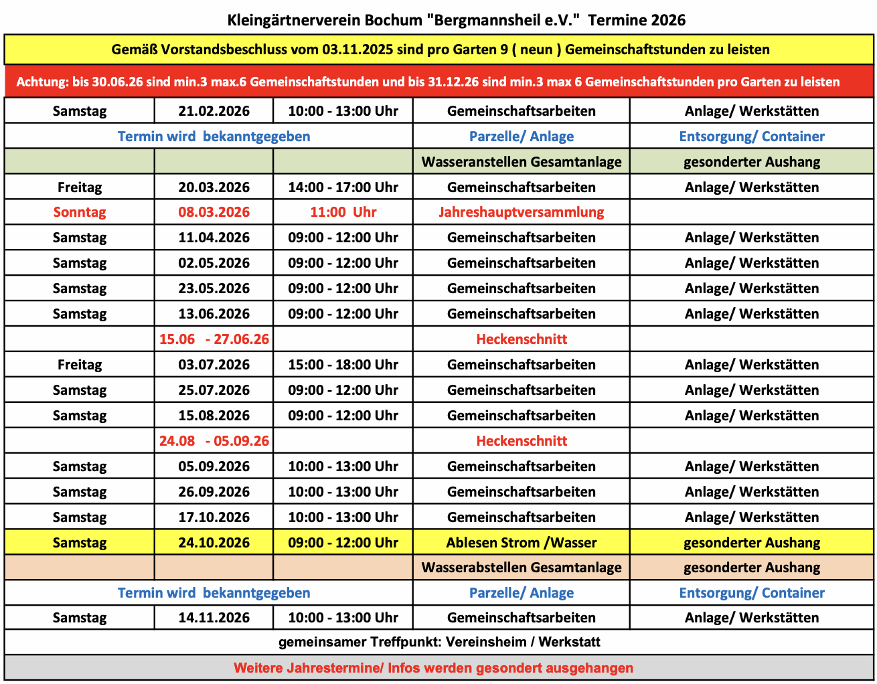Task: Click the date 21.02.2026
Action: click(214, 111)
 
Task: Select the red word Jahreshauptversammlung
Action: click(521, 212)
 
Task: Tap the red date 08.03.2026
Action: click(214, 212)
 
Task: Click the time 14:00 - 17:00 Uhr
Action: click(343, 187)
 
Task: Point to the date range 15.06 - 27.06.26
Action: click(214, 339)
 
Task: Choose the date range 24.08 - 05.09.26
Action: click(214, 441)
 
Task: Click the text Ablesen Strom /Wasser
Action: click(521, 543)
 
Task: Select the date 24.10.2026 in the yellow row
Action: click(214, 543)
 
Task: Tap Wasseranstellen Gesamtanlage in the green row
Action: click(521, 162)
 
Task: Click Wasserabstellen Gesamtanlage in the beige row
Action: click(521, 568)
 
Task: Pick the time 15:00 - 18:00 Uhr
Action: click(343, 365)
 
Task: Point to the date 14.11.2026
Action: click(214, 618)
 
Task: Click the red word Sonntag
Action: click(80, 212)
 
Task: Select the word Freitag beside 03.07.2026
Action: click(80, 365)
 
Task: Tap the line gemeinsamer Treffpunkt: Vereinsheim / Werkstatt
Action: click(439, 643)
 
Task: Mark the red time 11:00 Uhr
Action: click(343, 212)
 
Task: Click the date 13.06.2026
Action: click(214, 314)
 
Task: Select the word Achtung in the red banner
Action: click(42, 82)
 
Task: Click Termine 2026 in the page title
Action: click(637, 20)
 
